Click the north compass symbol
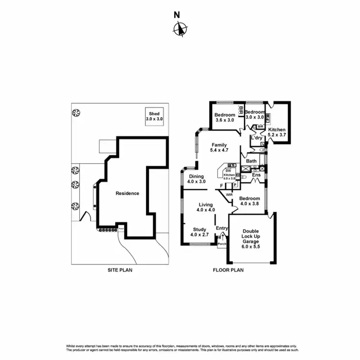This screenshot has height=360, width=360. coord(179,29)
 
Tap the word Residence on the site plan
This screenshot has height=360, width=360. coord(127,193)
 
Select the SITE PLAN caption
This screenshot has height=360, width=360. coord(120,270)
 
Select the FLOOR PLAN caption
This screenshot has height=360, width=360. coord(228,270)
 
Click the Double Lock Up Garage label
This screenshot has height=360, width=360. coord(251,239)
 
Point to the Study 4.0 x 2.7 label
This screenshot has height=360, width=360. coord(200,232)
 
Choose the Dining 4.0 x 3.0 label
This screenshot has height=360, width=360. coord(196,179)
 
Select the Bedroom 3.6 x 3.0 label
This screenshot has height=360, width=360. coord(224,118)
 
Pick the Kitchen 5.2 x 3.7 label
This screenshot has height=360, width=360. coord(277,133)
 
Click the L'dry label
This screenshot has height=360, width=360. coord(257,138)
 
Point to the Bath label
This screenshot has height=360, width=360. coord(252,161)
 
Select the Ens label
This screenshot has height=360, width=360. coord(256,175)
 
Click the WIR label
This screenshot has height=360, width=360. coord(229,194)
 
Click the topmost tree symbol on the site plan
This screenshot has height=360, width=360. coord(75,113)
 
